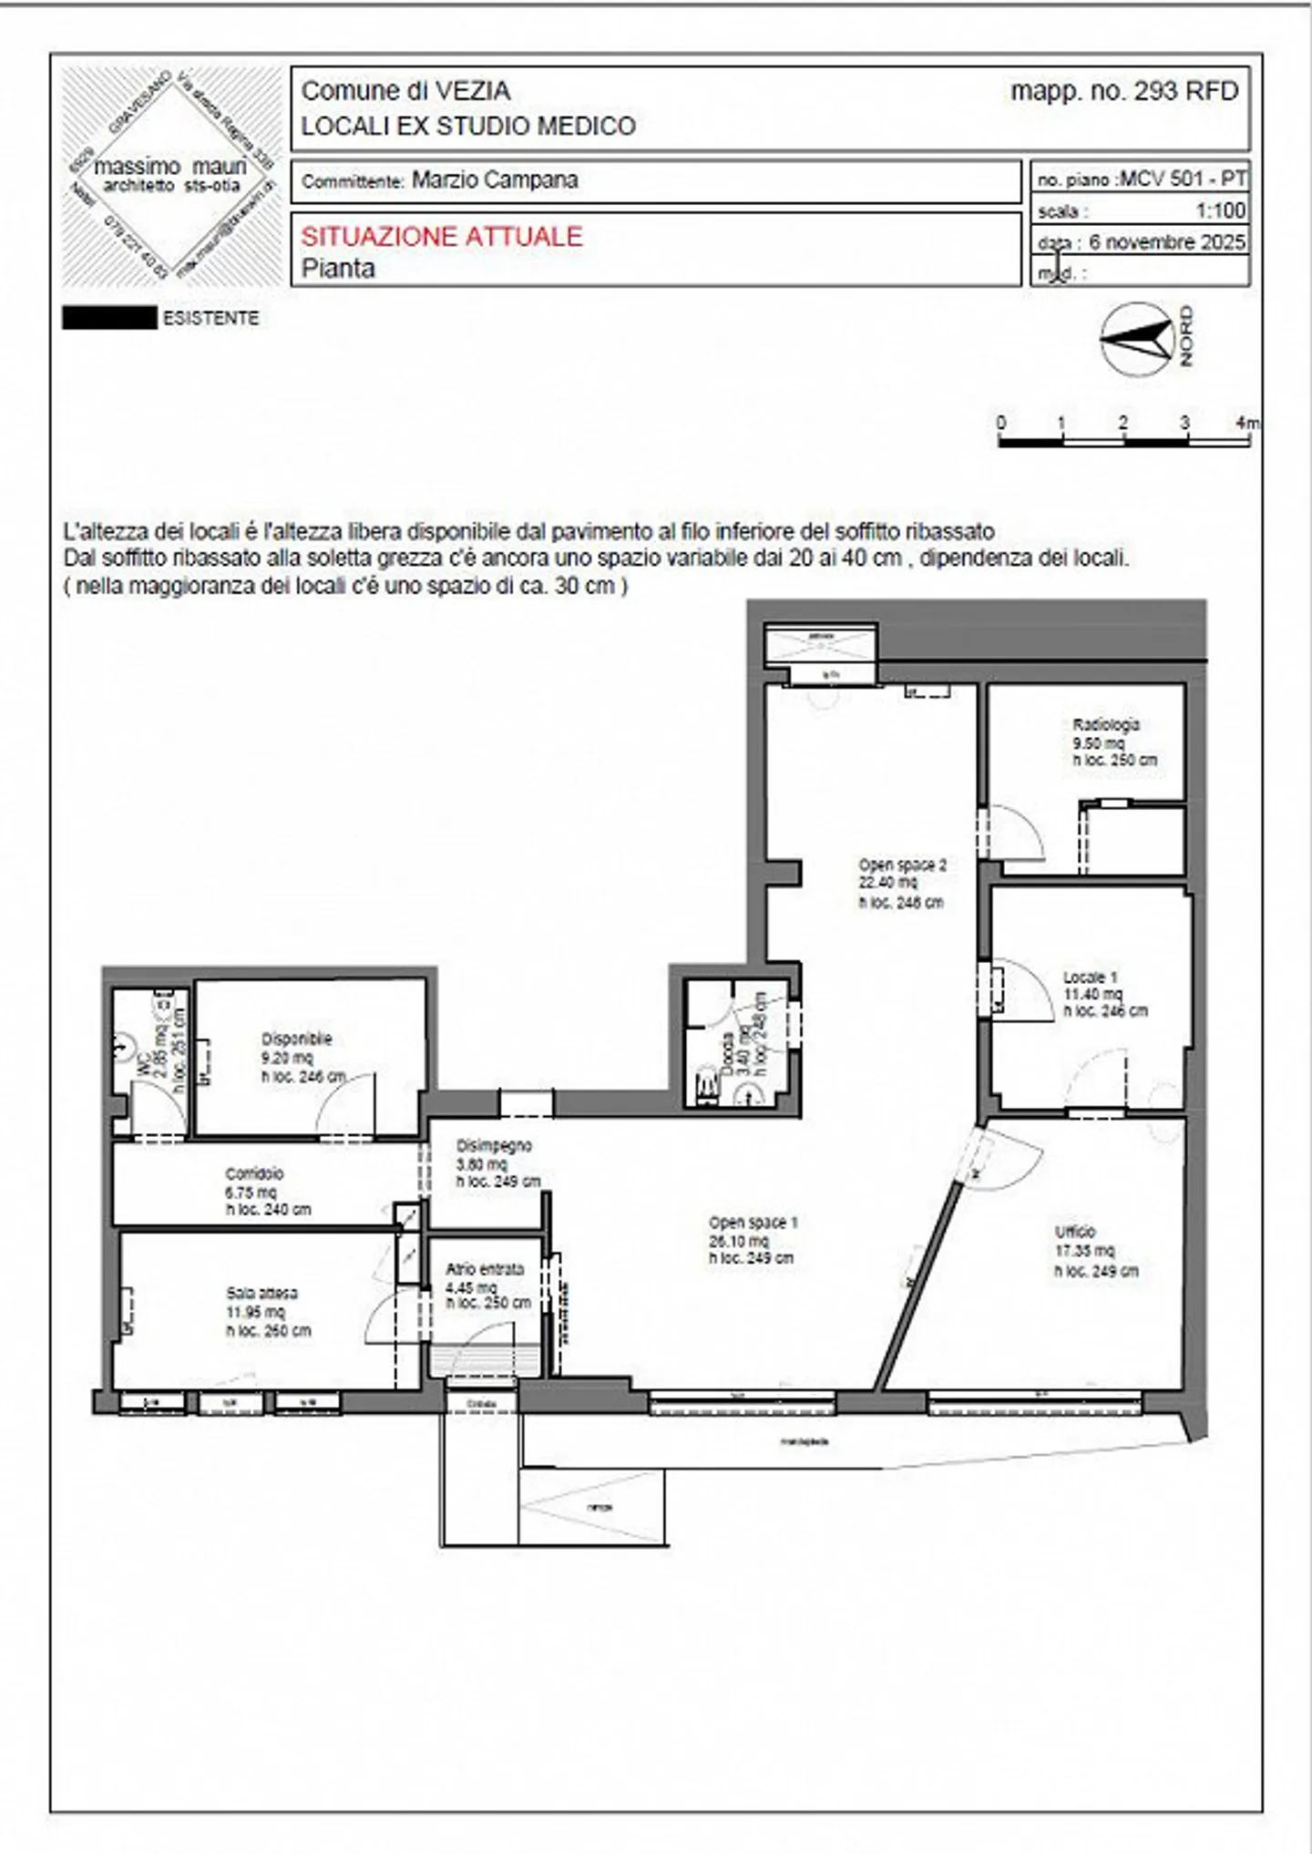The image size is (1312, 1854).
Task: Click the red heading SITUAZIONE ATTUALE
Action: coord(441,237)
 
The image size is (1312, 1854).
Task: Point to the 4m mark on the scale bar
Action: coord(1246,423)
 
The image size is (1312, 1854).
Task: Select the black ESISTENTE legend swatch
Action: coord(109,318)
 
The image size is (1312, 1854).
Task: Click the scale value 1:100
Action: coord(1220,210)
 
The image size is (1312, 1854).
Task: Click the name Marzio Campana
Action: coord(495,179)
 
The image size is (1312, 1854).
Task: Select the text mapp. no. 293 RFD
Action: coord(1124,91)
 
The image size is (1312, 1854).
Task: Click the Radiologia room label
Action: coord(1106,725)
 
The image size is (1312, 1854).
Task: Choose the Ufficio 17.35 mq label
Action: coord(1084,1251)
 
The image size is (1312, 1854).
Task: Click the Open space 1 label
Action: coord(753,1223)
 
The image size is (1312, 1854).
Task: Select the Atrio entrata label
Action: coord(484,1269)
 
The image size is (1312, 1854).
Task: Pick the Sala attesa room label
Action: coord(261,1294)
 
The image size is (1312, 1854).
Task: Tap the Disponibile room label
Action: coord(296,1039)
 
